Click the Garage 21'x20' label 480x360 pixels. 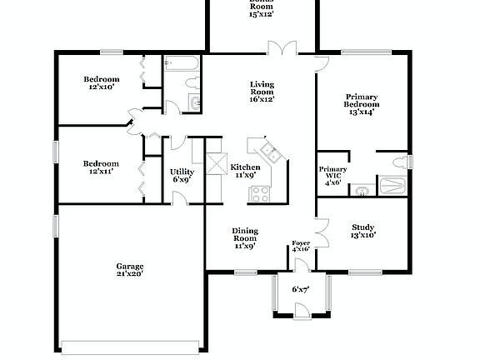(130, 271)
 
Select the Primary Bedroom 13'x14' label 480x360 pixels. (362, 103)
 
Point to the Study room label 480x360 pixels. (362, 231)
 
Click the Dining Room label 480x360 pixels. (244, 237)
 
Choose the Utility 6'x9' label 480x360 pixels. (182, 175)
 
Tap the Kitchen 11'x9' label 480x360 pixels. (245, 171)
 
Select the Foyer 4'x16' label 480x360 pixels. (300, 246)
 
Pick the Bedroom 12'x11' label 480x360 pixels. (100, 167)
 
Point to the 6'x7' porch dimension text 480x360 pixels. (301, 289)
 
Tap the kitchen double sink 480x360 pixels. (270, 151)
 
